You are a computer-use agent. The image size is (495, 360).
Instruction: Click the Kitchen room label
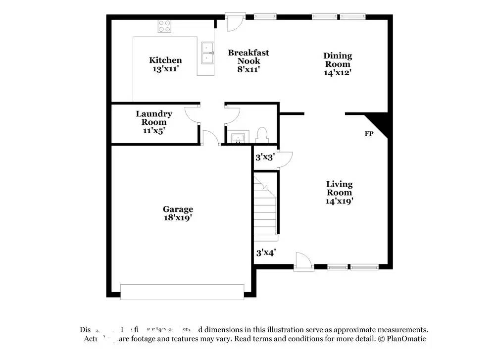(x=165, y=60)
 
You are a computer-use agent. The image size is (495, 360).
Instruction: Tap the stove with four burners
(x=164, y=26)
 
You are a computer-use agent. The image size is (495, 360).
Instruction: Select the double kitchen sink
(x=206, y=52)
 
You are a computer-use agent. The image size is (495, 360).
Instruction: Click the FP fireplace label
(x=369, y=134)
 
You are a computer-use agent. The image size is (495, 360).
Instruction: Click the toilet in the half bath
(x=262, y=135)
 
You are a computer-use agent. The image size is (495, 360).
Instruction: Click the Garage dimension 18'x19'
(x=178, y=217)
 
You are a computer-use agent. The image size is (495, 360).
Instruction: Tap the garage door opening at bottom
(x=182, y=292)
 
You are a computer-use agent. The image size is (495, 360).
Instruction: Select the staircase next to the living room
(x=265, y=206)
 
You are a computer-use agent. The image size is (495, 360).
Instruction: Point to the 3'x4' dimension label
(x=265, y=253)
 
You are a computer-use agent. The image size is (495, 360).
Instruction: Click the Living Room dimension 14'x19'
(x=339, y=201)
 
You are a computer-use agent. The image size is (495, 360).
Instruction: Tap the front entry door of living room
(x=303, y=262)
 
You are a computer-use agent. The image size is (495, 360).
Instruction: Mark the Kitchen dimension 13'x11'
(x=165, y=69)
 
